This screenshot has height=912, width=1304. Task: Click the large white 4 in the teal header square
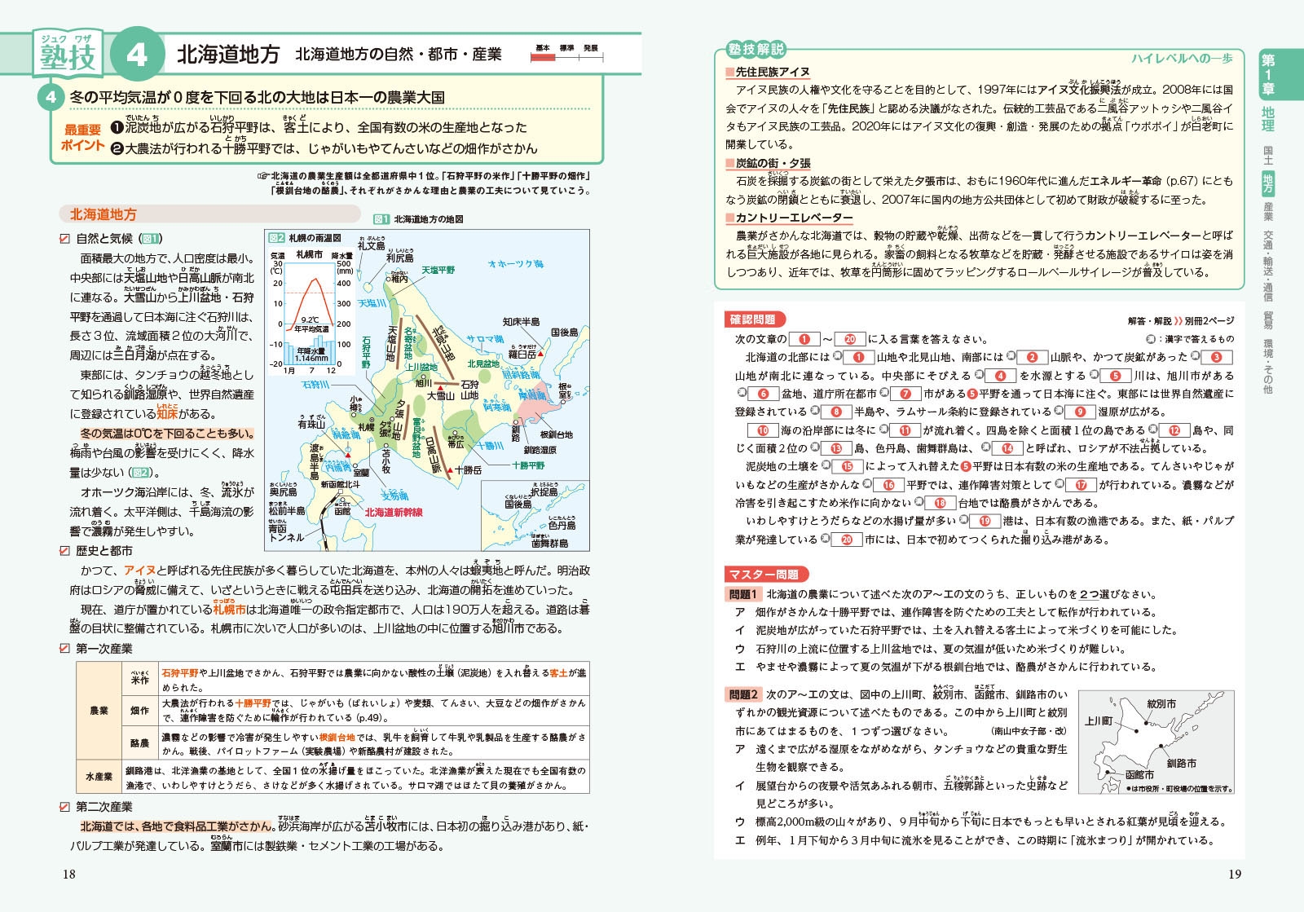click(136, 55)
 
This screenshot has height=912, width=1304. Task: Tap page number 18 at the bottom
click(68, 874)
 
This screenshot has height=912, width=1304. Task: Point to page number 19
click(1235, 874)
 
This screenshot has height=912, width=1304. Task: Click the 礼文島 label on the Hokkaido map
click(372, 245)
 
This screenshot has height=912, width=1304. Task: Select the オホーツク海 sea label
click(515, 264)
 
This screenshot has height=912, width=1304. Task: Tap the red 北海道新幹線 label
click(394, 512)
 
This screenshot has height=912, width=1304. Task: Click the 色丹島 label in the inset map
click(562, 526)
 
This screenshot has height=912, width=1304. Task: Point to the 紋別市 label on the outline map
click(1161, 703)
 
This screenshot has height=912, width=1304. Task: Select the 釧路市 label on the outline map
click(1181, 763)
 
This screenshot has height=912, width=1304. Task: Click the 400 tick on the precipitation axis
click(344, 284)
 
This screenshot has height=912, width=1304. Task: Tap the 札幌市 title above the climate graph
click(309, 255)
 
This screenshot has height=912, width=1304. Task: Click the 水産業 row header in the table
click(99, 777)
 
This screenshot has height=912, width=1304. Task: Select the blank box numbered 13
click(836, 448)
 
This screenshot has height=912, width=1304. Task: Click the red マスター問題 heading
click(764, 575)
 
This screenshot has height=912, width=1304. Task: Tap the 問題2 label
click(743, 694)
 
